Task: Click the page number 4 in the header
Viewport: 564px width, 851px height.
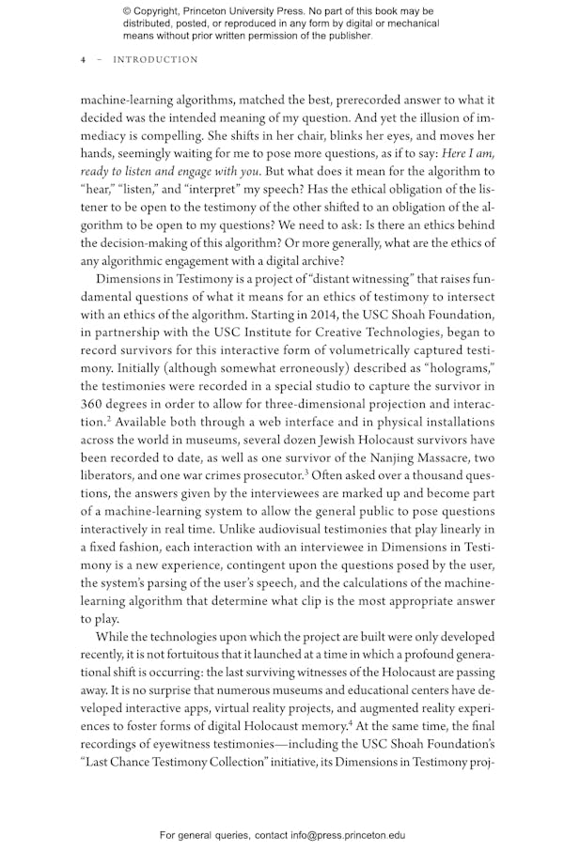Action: [83, 60]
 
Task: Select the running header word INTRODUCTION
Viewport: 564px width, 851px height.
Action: [155, 60]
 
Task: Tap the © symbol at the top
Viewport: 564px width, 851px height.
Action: [127, 11]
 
